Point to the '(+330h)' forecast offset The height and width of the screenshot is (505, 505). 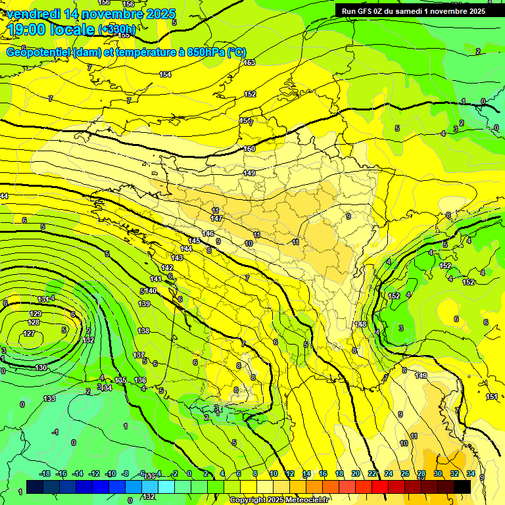coord(118,30)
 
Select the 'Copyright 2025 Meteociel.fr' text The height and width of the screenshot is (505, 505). coord(279,500)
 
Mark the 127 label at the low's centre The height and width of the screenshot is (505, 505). coord(29,333)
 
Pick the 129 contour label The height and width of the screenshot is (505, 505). coord(35,314)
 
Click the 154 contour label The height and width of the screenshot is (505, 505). coord(165,74)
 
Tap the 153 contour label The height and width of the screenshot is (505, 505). coord(249,62)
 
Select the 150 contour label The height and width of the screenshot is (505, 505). coord(249,149)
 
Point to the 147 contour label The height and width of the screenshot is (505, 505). coord(216,218)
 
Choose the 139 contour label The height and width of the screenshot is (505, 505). coord(145,304)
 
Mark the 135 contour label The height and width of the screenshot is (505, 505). coord(120,380)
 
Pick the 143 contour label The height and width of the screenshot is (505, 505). coord(177,258)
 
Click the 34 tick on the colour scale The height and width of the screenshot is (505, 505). coord(471,473)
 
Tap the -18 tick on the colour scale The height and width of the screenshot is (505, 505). coord(45,473)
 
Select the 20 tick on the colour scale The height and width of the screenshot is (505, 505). coord(356,473)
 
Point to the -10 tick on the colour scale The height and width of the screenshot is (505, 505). coord(110,473)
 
